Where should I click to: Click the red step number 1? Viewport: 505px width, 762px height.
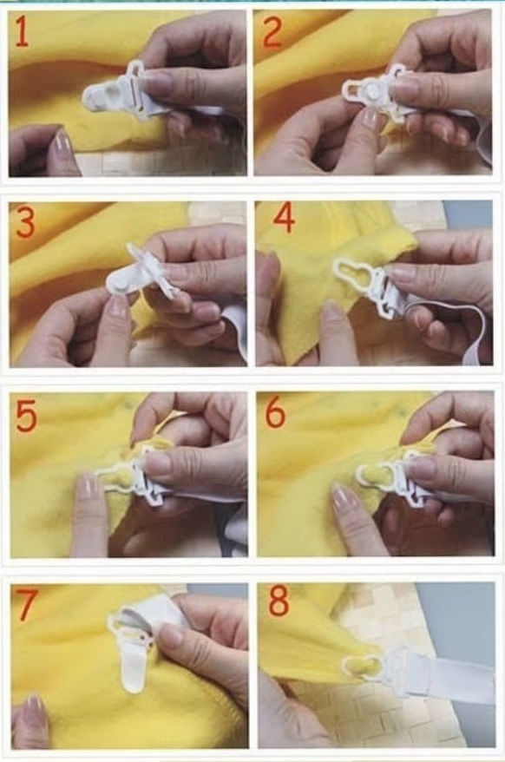(x=22, y=31)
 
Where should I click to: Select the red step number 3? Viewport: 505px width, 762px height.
(x=25, y=222)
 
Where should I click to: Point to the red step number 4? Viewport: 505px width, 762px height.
(x=284, y=219)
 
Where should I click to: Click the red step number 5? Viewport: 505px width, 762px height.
(x=26, y=416)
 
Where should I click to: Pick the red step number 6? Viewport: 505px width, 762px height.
(x=276, y=413)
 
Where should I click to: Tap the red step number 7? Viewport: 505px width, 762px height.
(x=26, y=603)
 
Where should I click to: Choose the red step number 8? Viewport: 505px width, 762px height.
(x=279, y=602)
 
